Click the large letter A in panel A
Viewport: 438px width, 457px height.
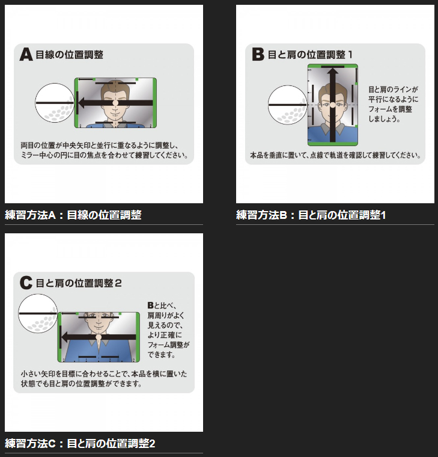(26, 55)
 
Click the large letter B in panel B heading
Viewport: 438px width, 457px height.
(258, 55)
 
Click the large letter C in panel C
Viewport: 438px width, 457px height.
(26, 283)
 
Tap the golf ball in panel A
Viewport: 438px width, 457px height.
(55, 103)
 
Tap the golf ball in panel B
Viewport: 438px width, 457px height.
(287, 105)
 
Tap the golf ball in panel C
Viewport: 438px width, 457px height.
(38, 313)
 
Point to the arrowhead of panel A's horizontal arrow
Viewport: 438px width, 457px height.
(82, 103)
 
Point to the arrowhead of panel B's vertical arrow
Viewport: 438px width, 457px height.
(333, 72)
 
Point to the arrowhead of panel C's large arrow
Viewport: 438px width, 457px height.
(65, 337)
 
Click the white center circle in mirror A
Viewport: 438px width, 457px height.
(115, 103)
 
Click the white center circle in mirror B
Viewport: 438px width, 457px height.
(333, 105)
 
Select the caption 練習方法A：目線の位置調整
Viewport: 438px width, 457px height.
(73, 215)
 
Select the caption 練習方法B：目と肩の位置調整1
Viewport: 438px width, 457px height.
(311, 215)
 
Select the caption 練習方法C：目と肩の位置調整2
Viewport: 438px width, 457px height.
(80, 444)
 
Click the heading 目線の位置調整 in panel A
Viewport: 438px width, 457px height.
(69, 55)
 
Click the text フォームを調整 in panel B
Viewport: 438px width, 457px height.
(390, 109)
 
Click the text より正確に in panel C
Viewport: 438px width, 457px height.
(165, 335)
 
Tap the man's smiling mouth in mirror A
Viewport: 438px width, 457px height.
(115, 112)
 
